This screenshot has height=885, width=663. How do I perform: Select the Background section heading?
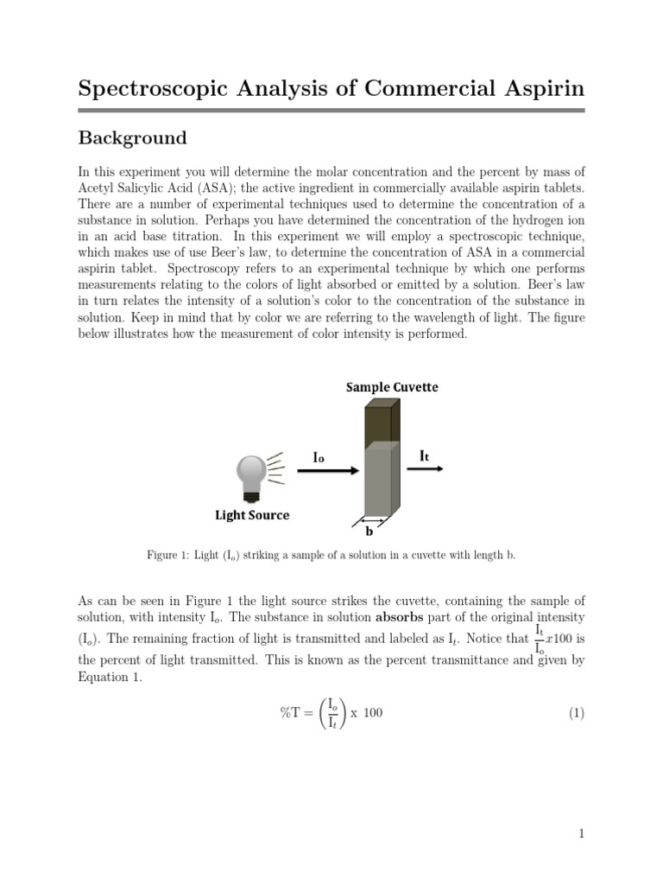click(132, 137)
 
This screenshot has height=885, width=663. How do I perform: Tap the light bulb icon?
click(252, 476)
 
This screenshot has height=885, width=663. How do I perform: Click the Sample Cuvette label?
click(392, 387)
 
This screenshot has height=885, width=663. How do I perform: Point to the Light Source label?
click(252, 515)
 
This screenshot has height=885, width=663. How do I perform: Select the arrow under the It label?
click(425, 469)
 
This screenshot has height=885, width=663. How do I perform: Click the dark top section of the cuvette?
click(377, 423)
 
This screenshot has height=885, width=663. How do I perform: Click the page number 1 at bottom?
click(582, 834)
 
